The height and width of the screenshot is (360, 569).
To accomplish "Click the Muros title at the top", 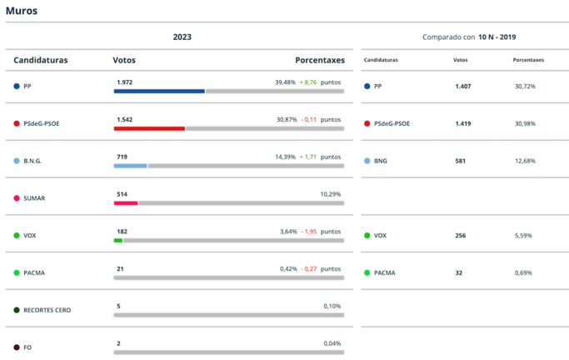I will click(x=21, y=11).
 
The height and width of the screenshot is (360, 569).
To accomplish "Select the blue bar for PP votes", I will click(x=159, y=92).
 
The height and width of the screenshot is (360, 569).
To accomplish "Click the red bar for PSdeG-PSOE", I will click(x=149, y=128).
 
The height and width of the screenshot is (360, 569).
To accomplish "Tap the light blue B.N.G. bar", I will click(x=131, y=166).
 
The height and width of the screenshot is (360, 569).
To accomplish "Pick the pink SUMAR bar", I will click(x=126, y=202).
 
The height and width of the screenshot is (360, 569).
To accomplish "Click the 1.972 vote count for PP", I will click(x=124, y=82).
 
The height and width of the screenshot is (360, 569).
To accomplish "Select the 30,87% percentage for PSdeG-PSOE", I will click(x=287, y=120).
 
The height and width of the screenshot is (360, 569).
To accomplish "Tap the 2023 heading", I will click(x=182, y=37).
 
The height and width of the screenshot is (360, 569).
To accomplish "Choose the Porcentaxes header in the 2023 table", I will click(x=320, y=60).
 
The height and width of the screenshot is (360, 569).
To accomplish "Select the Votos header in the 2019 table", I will click(x=460, y=60).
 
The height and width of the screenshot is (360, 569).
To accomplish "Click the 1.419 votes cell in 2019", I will click(x=463, y=123).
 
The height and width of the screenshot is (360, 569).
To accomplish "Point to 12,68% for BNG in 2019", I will click(x=525, y=161).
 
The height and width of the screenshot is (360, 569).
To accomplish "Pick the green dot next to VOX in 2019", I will click(x=367, y=236).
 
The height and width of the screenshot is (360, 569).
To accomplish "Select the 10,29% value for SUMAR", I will click(x=331, y=194).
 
